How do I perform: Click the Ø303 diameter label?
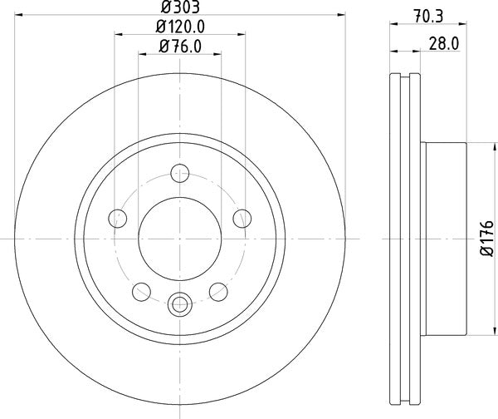[x=180, y=8]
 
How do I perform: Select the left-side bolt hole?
[x=119, y=219]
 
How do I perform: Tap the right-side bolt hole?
[x=242, y=219]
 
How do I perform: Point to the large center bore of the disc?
[x=180, y=238]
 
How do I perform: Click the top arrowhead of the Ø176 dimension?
[x=478, y=145]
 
